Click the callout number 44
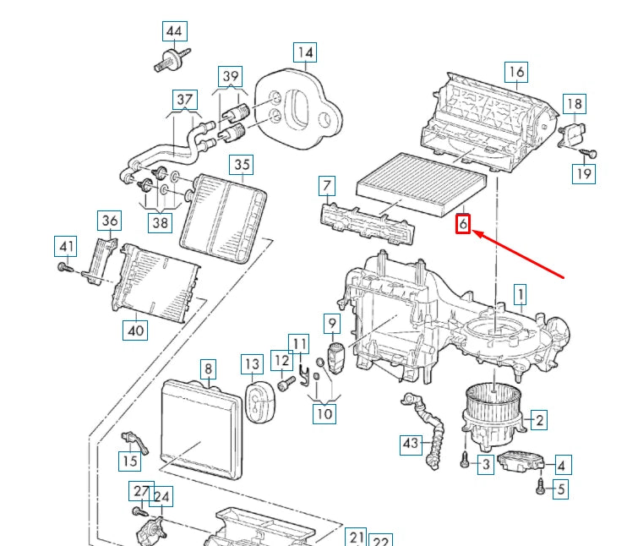(x=173, y=32)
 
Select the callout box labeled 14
(x=305, y=52)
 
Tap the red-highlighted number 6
(x=463, y=224)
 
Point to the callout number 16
(x=516, y=72)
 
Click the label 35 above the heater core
(x=243, y=165)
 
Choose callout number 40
(x=135, y=330)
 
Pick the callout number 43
(x=411, y=442)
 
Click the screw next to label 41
(x=64, y=268)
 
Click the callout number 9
(x=332, y=323)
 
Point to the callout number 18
(x=575, y=105)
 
